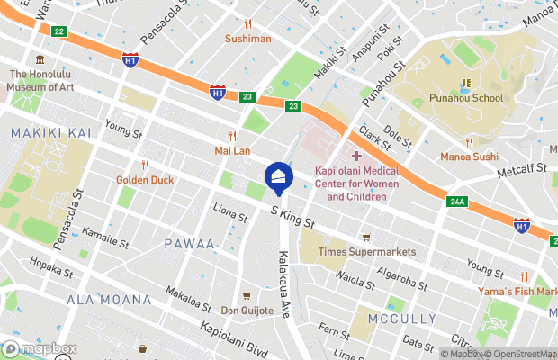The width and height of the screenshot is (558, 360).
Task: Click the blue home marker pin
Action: pyautogui.click(x=279, y=176)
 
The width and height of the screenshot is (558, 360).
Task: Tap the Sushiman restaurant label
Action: pyautogui.click(x=247, y=39)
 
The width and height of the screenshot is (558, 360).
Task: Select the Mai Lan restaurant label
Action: pyautogui.click(x=232, y=150)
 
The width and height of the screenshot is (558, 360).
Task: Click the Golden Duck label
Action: pyautogui.click(x=144, y=179)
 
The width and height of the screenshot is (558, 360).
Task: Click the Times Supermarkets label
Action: pyautogui.click(x=367, y=252)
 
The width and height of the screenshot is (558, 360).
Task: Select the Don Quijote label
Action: pyautogui.click(x=247, y=310)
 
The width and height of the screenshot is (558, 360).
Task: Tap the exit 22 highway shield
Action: pyautogui.click(x=59, y=31)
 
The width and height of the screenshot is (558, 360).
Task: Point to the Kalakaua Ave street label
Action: pyautogui.click(x=284, y=285)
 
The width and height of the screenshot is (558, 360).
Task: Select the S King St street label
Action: pyautogui.click(x=292, y=215)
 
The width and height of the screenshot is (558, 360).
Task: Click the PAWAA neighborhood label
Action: pyautogui.click(x=189, y=244)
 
